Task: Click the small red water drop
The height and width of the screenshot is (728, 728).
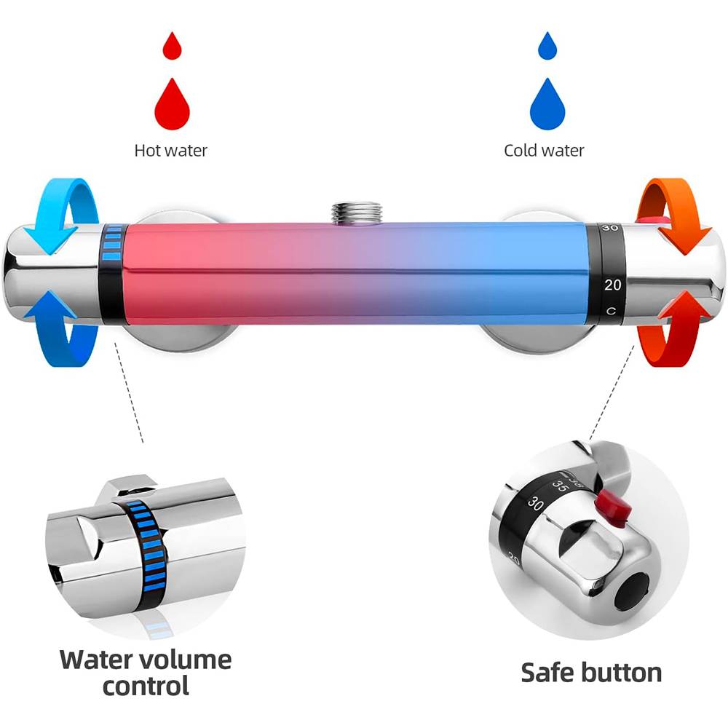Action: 172,47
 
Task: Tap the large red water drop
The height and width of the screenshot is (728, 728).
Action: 172,104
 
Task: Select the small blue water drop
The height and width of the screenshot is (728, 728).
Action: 547,47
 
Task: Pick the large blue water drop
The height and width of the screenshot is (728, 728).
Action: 547,104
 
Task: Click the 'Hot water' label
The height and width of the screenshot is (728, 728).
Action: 171,151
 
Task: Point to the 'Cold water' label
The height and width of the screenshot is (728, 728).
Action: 544,151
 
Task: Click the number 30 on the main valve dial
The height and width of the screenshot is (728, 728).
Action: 610,229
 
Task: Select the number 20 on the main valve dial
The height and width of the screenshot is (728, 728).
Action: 612,285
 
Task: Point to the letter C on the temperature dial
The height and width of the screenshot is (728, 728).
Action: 612,311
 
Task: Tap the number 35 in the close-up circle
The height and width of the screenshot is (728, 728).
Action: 560,485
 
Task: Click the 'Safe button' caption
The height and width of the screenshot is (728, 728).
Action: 591,672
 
